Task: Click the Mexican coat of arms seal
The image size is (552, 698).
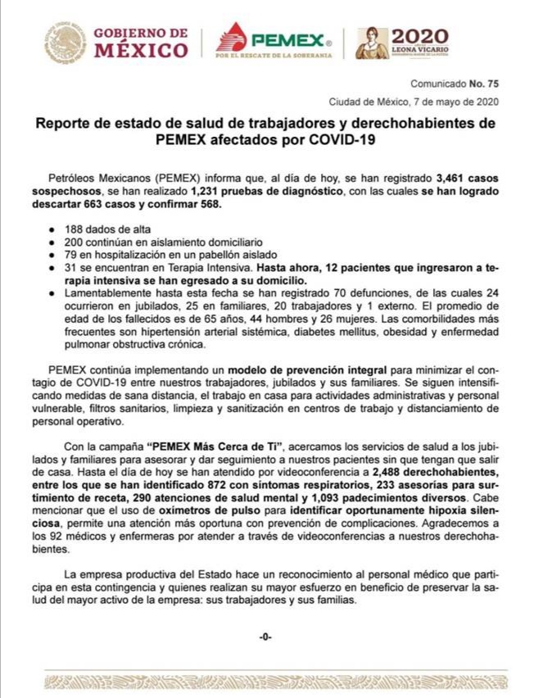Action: pyautogui.click(x=65, y=43)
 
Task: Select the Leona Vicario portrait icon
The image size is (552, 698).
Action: pyautogui.click(x=372, y=43)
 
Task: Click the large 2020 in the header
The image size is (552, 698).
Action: pyautogui.click(x=420, y=36)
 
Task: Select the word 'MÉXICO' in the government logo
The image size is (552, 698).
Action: pyautogui.click(x=141, y=51)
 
